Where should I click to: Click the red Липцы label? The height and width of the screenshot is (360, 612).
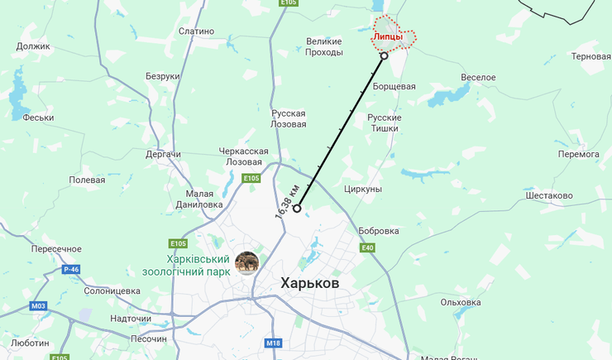point(388,37)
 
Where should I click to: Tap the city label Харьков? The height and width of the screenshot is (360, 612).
point(309,283)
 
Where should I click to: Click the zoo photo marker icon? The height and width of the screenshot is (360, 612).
point(246,262)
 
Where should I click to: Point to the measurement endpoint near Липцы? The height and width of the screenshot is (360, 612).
point(384,56)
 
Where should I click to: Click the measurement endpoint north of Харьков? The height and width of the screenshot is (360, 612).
point(297,209)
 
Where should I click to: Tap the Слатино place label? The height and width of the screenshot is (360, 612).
point(196,31)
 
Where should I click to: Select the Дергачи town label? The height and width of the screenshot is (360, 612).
point(164,154)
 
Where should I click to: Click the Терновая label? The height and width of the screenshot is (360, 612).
point(590,56)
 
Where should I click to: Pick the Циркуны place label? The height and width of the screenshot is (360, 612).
point(361,190)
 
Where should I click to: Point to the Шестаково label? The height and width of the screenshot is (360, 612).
point(548,195)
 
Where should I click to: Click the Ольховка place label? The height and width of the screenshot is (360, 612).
point(461,302)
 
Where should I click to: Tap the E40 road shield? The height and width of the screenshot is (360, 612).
point(367,247)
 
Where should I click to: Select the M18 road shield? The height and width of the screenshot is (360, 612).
point(275,343)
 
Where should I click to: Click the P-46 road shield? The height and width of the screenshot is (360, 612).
point(73,269)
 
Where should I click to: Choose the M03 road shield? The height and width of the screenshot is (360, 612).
point(38,306)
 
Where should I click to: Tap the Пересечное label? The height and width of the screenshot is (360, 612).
point(56,249)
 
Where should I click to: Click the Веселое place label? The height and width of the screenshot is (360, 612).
point(478,77)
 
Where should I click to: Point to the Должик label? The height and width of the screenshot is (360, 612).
point(33,46)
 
